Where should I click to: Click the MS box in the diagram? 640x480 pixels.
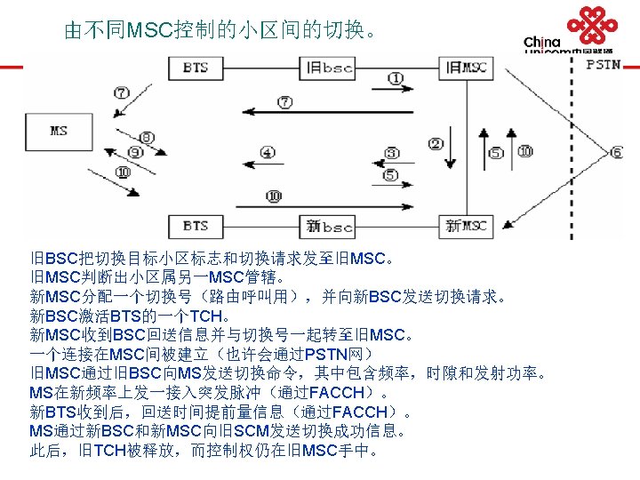pos(58,131)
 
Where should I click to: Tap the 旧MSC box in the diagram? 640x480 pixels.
pos(466,67)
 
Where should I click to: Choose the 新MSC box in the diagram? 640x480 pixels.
pos(466,226)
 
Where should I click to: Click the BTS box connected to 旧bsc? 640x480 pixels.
pos(195,67)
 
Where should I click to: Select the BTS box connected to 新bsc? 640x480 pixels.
pos(195,226)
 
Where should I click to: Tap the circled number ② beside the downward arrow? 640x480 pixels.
pos(436,144)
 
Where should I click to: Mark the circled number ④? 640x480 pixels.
pos(268,153)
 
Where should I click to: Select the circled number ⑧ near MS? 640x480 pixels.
pos(147,137)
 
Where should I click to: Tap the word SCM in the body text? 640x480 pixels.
pos(256,431)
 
